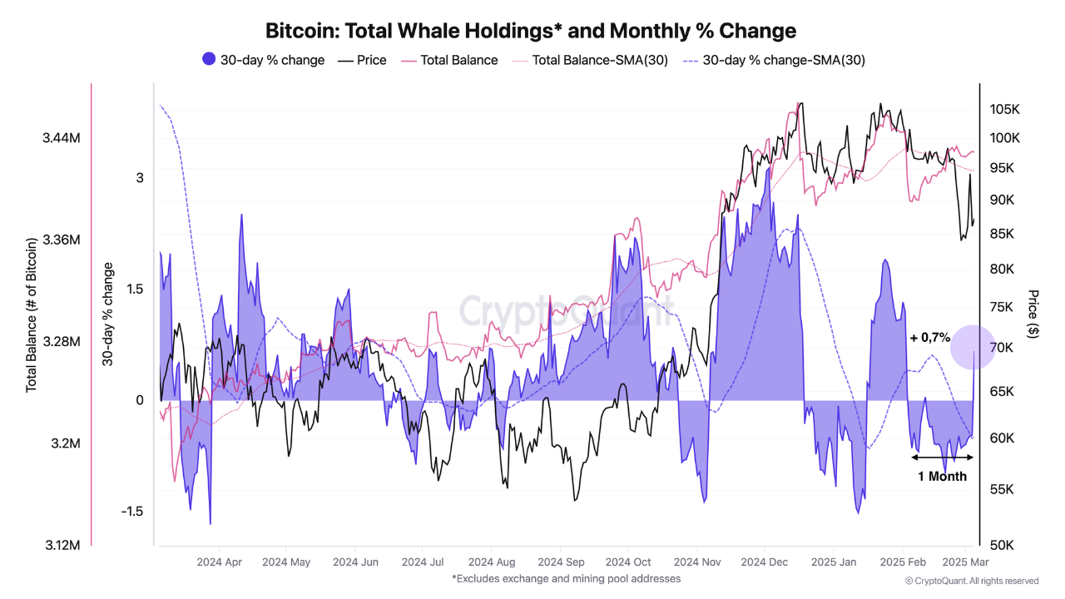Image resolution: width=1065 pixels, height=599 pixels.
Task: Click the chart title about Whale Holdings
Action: [531, 31]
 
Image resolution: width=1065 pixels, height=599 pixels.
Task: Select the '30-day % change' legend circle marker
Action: [209, 59]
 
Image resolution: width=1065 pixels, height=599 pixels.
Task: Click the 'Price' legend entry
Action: [362, 60]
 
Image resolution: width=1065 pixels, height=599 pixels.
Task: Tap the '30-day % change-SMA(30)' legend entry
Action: [779, 60]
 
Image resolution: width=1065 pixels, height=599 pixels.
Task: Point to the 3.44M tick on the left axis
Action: [62, 137]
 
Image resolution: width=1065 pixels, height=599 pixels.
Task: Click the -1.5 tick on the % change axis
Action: [131, 511]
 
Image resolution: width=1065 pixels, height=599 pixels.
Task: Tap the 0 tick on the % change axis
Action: [140, 400]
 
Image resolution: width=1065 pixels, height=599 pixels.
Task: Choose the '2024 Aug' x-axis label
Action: [491, 562]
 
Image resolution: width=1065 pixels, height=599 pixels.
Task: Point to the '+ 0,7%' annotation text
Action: [929, 338]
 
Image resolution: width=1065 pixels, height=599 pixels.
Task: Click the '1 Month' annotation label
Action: [942, 477]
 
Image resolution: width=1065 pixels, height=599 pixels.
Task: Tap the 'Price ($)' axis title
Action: [1033, 314]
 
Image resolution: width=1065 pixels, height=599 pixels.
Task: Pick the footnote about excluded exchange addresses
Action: [566, 578]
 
